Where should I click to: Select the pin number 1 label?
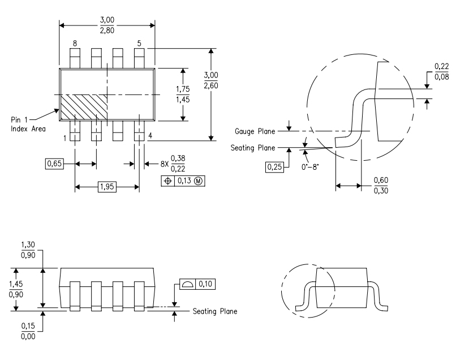pyautogui.click(x=64, y=138)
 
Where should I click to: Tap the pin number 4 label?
pyautogui.click(x=150, y=136)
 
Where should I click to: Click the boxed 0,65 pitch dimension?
pyautogui.click(x=54, y=164)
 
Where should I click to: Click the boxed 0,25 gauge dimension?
pyautogui.click(x=274, y=168)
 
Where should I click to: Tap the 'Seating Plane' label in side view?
pyautogui.click(x=214, y=311)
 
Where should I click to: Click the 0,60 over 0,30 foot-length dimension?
pyautogui.click(x=381, y=185)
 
